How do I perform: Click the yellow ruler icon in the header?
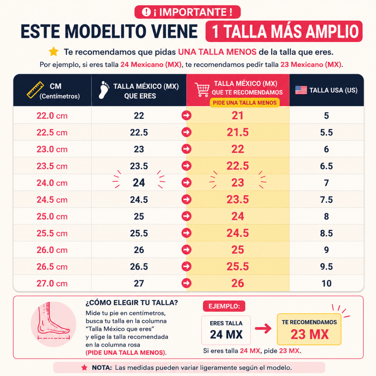(35, 90)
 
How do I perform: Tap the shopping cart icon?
(202, 90)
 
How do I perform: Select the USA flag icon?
(301, 90)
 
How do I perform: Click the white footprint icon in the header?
(104, 90)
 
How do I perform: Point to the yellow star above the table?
(54, 51)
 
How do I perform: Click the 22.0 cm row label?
(52, 116)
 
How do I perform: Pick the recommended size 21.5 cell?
(238, 132)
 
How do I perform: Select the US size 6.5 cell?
(326, 166)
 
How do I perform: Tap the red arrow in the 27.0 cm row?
(186, 283)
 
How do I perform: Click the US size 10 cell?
(326, 283)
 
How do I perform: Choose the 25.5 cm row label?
(52, 233)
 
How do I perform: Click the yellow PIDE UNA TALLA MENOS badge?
(245, 103)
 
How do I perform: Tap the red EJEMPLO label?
(224, 306)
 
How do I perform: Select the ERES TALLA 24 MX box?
(226, 330)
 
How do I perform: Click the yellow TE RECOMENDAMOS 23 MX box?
(309, 329)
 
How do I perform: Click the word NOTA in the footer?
(102, 368)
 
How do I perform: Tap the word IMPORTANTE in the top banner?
(193, 12)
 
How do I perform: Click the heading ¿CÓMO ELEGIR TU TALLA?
(132, 303)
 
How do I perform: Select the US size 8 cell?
(326, 216)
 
